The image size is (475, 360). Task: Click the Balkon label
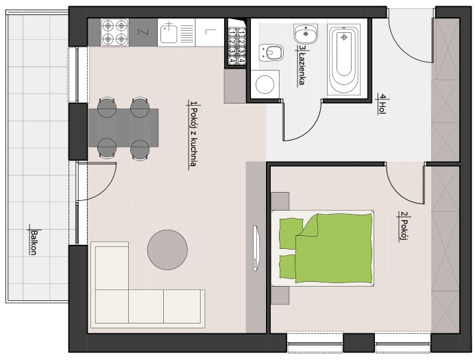pos(34,242)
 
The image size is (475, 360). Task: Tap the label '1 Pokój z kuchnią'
pos(193,134)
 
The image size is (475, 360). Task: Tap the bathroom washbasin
pos(306,33)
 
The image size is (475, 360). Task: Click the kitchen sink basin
pos(169,34)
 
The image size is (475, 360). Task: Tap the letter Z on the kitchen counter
pos(141,32)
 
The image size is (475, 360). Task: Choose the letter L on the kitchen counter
pos(208,32)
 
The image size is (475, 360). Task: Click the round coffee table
pos(167,250)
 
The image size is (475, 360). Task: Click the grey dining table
pos(123,128)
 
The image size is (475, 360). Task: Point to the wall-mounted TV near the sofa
pos(256,248)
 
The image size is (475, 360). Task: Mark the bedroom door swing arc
pos(395,190)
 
